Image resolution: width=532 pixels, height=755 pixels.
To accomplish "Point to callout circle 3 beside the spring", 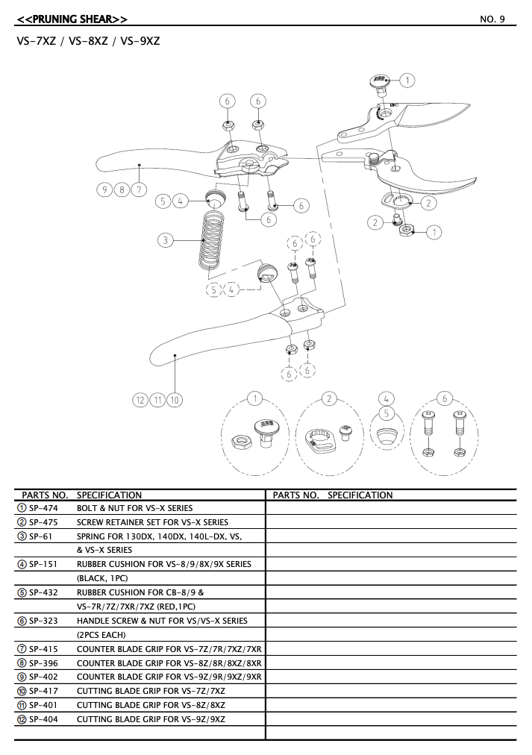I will [x=166, y=240].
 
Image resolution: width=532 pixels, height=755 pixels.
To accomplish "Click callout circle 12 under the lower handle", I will [x=140, y=401].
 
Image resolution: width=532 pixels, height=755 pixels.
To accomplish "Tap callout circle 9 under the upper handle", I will [x=105, y=189].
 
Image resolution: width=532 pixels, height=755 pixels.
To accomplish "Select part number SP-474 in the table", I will [x=43, y=508].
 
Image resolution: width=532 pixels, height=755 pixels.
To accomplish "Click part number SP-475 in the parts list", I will [x=43, y=522].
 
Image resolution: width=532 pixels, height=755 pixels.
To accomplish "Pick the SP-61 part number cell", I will [x=41, y=536].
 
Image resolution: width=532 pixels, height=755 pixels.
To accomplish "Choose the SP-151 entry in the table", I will [x=43, y=564].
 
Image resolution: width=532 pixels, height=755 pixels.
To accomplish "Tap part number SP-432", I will [x=43, y=592].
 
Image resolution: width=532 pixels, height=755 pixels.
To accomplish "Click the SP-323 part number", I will [x=43, y=621].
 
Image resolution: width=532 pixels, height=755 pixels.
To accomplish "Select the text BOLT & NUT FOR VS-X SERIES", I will [x=134, y=508].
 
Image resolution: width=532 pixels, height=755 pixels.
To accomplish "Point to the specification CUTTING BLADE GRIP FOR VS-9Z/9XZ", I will [x=151, y=719].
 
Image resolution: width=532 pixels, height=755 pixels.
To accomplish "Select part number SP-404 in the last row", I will [x=43, y=719].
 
